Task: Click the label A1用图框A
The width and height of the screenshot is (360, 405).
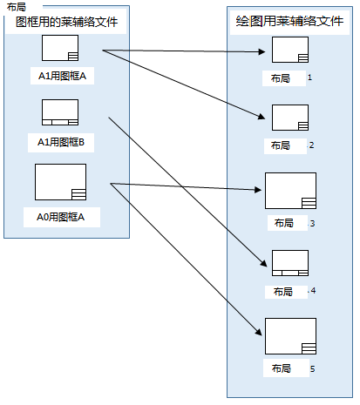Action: pyautogui.click(x=62, y=76)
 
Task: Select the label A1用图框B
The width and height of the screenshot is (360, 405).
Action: pyautogui.click(x=61, y=142)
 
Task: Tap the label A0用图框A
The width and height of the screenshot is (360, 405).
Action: pyautogui.click(x=60, y=217)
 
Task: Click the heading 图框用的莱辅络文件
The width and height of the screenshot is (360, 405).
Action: pyautogui.click(x=66, y=22)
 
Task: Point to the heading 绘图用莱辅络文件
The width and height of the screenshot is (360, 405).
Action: pyautogui.click(x=289, y=21)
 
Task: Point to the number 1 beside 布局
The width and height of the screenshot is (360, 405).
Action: pyautogui.click(x=309, y=78)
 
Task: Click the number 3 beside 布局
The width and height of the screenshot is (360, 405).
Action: pyautogui.click(x=312, y=224)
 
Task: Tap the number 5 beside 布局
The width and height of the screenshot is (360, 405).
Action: pyautogui.click(x=312, y=369)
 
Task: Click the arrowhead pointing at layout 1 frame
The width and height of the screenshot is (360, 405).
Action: pyautogui.click(x=262, y=52)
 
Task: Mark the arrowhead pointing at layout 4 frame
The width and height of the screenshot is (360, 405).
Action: pyautogui.click(x=264, y=263)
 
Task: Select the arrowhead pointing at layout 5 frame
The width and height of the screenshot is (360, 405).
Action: pyautogui.click(x=259, y=332)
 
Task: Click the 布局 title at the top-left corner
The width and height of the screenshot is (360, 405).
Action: pyautogui.click(x=17, y=7)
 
